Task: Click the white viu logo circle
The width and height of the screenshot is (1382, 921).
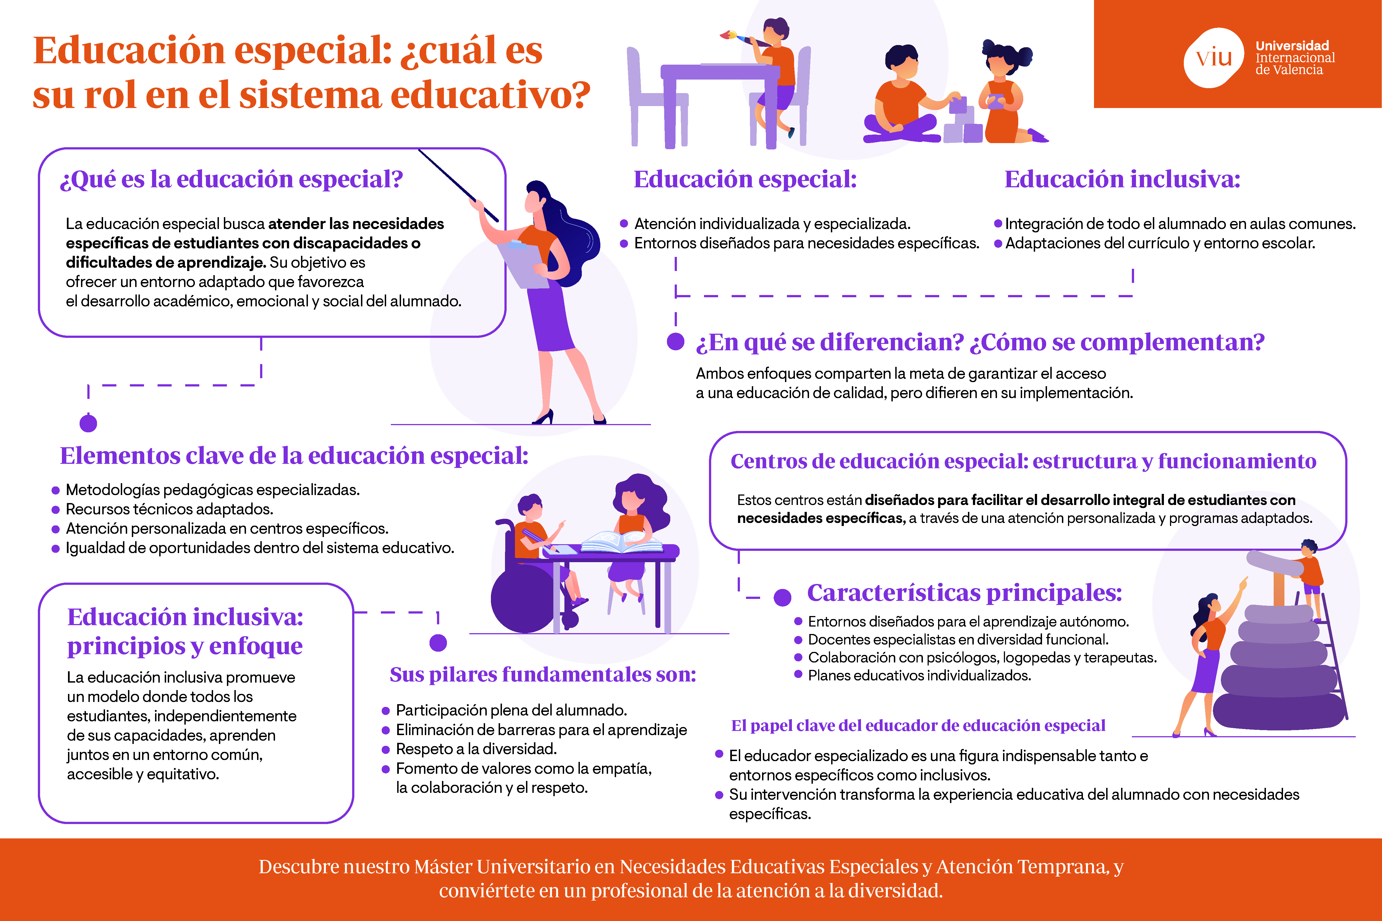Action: tap(1214, 57)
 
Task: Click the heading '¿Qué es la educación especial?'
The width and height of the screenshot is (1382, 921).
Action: tap(232, 179)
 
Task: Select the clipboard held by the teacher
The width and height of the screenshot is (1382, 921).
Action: tap(525, 264)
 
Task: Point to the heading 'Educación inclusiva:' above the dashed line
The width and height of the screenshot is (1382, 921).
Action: tap(1122, 179)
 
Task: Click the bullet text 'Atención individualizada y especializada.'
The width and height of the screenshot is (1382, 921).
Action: tap(772, 224)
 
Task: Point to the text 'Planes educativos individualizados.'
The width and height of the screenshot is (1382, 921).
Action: tap(920, 675)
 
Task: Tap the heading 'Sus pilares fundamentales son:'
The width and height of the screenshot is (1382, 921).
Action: tap(542, 674)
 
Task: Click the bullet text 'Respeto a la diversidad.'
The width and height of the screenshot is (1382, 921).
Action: tap(477, 749)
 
